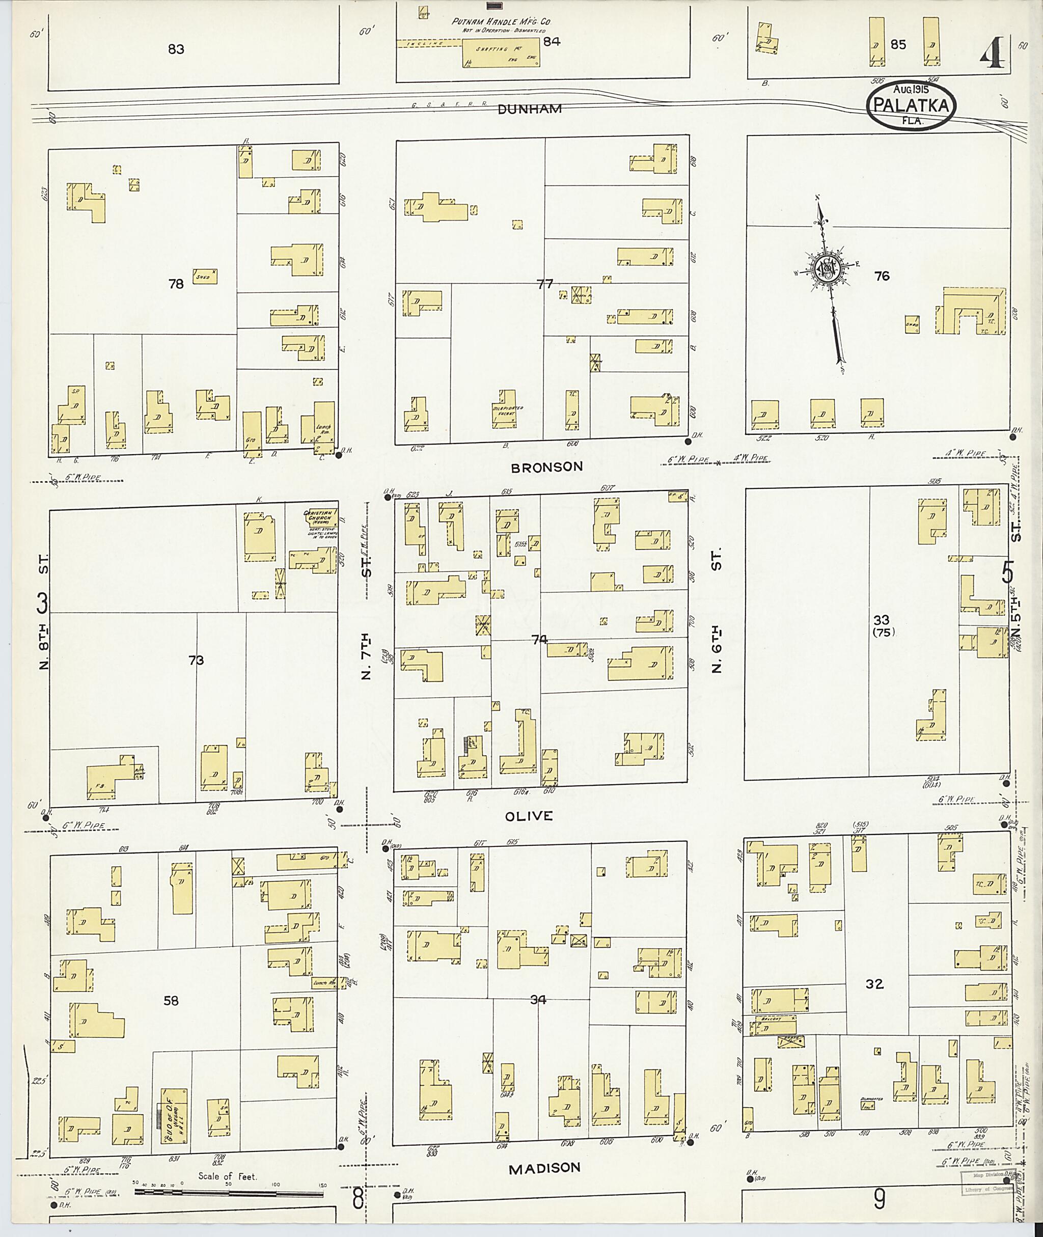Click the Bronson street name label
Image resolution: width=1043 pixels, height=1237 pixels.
pos(546,467)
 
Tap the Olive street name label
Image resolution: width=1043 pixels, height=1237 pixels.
pos(529,816)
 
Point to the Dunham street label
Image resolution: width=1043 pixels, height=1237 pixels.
pos(529,109)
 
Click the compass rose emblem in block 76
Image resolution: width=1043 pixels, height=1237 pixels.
pos(826,269)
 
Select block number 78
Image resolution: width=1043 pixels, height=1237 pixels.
pos(176,284)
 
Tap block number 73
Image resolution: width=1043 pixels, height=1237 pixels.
pos(196,660)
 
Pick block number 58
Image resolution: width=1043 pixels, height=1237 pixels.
pos(171,1001)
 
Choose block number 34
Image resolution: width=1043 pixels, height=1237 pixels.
pos(538,1000)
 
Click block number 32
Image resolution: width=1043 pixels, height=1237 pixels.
pos(874,984)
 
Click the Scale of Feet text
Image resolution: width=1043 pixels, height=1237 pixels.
pos(228,1177)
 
